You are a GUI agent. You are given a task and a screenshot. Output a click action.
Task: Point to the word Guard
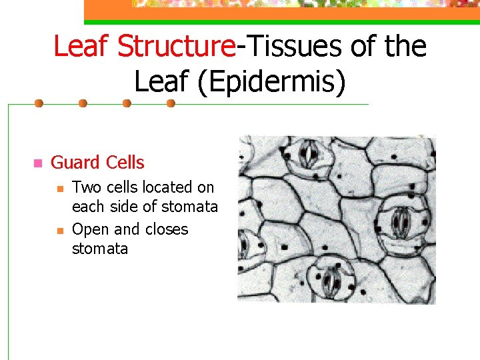(73, 162)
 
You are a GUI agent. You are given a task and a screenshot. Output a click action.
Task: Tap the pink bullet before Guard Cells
(37, 163)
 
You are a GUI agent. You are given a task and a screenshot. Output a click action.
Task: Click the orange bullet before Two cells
(59, 188)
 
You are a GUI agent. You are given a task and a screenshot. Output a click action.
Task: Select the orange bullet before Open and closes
(59, 230)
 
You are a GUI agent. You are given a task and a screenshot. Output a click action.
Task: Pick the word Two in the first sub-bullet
(85, 187)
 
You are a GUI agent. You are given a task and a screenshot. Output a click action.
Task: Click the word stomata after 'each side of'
(190, 207)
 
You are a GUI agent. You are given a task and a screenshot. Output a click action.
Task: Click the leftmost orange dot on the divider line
(39, 103)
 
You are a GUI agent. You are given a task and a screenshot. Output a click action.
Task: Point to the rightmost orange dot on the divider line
(171, 103)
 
